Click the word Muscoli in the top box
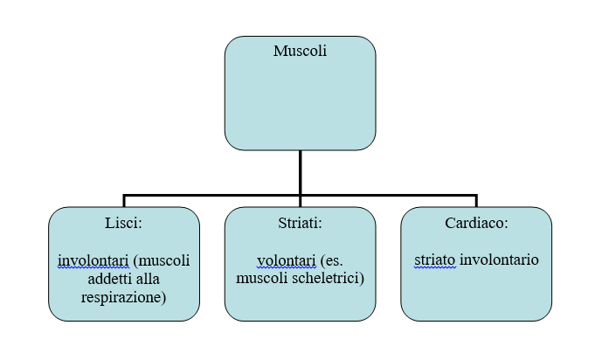tap(300, 51)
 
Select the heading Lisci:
tap(124, 223)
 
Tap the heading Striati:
tap(300, 223)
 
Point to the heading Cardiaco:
tap(476, 223)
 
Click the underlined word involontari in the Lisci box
tap(93, 260)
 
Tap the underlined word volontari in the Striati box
tap(287, 260)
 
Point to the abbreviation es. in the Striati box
tap(331, 261)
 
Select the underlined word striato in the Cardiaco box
tap(435, 260)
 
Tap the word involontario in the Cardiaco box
tap(500, 260)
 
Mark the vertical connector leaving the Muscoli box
tap(301, 173)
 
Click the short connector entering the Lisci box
tap(124, 201)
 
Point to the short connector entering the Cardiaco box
tap(476, 201)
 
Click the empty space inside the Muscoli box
tap(300, 102)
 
